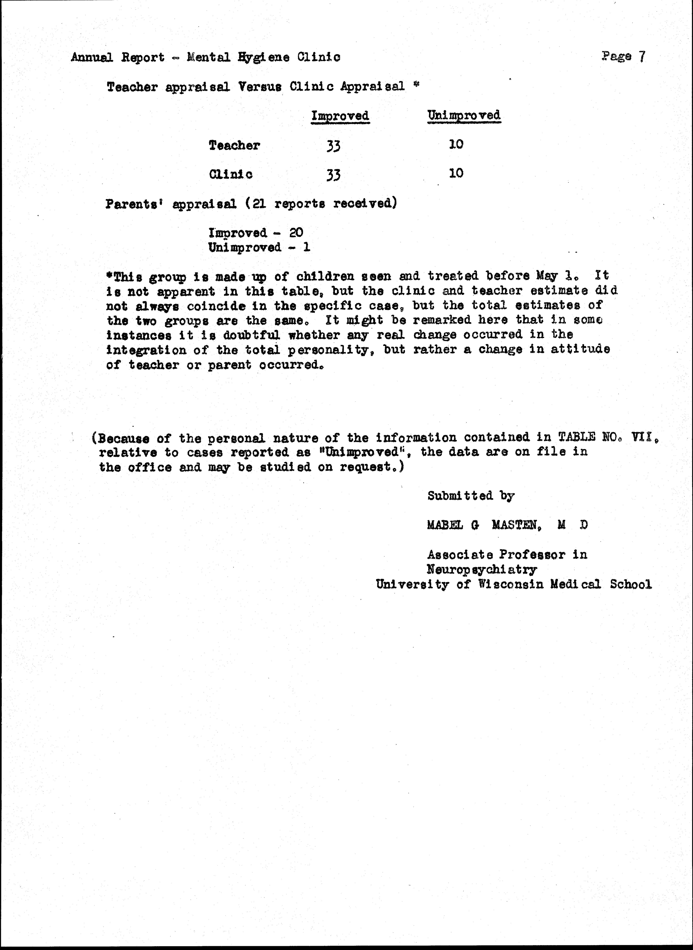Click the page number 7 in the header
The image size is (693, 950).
coord(642,56)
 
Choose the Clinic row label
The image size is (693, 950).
coord(231,174)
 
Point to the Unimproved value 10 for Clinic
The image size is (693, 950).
coord(456,173)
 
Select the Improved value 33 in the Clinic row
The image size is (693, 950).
coord(333,174)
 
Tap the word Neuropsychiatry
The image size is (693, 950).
coord(482,569)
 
